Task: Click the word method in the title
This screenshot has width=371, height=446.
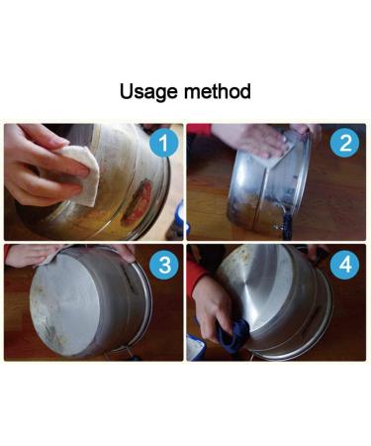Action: [217, 92]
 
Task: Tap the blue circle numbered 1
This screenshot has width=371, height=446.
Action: [166, 144]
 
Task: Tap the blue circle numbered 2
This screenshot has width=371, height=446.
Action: [345, 144]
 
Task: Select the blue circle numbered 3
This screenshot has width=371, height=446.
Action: [166, 266]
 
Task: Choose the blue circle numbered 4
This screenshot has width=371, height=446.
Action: [345, 266]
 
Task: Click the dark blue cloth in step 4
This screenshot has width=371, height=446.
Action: [232, 337]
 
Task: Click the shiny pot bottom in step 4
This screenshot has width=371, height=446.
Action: [272, 297]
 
